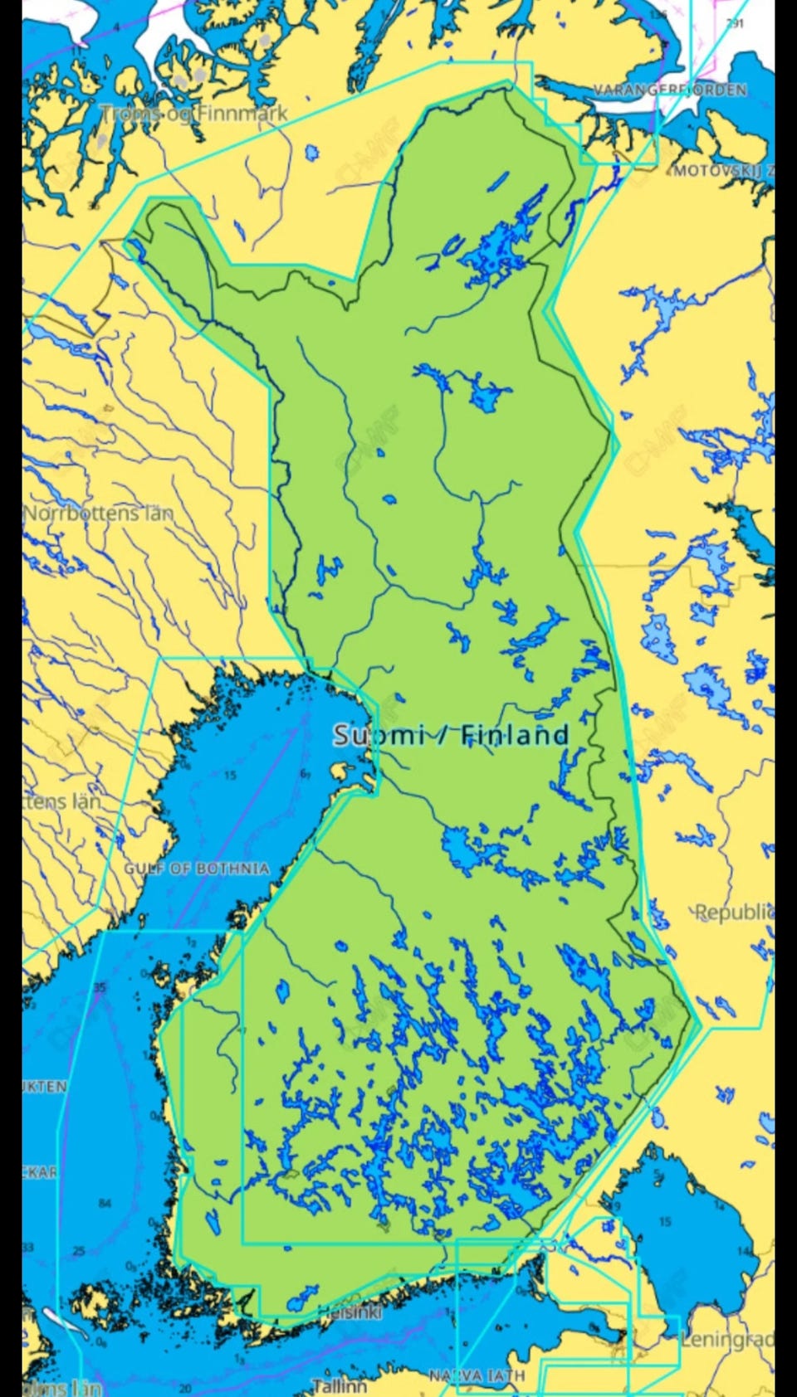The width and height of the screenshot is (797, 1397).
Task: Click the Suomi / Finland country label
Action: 451,735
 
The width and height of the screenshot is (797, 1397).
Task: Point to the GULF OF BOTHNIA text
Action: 197,869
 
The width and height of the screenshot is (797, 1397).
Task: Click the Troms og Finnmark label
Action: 194,113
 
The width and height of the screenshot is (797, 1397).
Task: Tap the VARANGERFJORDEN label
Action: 669,90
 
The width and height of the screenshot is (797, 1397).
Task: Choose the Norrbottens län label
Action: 98,514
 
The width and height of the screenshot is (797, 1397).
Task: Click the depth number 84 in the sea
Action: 104,1203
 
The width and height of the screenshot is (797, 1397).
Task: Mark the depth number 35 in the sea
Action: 100,987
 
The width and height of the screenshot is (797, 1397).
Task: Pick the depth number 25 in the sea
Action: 78,1251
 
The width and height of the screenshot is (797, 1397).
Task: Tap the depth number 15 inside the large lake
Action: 665,1221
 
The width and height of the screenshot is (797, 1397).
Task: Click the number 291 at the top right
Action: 735,23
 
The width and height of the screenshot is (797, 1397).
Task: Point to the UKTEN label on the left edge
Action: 45,1086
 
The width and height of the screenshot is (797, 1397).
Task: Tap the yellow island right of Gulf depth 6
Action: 340,771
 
